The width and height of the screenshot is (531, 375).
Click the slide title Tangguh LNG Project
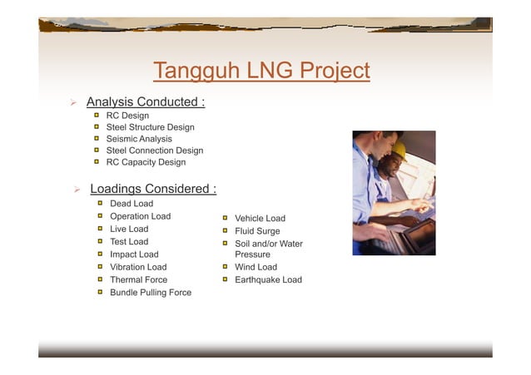pos(261,72)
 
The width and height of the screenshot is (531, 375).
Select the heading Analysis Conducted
pos(146,102)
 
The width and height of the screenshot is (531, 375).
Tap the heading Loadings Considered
pos(153,189)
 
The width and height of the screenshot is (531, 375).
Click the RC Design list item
pos(127,116)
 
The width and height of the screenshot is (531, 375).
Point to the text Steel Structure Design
pos(150,127)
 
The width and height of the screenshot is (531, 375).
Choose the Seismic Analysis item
pos(139,139)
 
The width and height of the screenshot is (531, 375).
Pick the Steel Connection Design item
pos(154,150)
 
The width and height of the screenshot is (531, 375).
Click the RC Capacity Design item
pos(146,162)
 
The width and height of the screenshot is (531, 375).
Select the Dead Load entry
pos(132,204)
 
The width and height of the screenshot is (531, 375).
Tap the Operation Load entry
pos(140,216)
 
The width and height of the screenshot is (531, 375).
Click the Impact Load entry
pos(134,254)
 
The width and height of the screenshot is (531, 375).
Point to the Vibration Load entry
pos(138,267)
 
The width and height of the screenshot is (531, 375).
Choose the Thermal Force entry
pos(138,280)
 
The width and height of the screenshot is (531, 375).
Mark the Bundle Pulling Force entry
pos(151,293)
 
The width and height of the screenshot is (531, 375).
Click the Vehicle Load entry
pos(260,219)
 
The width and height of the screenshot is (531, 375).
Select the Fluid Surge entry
pos(257,231)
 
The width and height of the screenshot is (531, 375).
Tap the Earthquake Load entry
pos(268,280)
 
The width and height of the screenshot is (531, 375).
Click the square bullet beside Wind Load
pos(225,267)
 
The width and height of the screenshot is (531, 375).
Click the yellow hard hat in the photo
pos(399,150)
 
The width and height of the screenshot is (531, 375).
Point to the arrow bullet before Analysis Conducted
pos(73,103)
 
